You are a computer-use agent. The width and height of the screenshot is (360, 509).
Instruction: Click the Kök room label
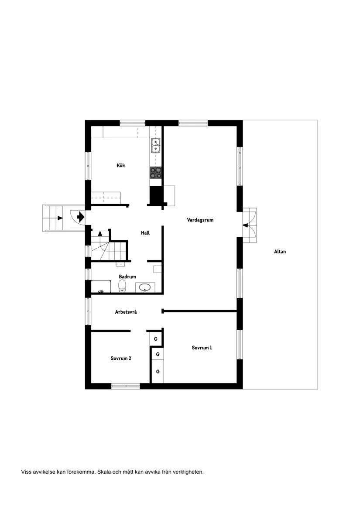pyautogui.click(x=121, y=165)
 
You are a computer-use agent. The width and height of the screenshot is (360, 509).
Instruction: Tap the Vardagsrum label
pyautogui.click(x=200, y=220)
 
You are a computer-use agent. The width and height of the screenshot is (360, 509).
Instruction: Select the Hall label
pyautogui.click(x=145, y=233)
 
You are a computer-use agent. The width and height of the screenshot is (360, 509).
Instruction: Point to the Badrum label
pyautogui.click(x=127, y=277)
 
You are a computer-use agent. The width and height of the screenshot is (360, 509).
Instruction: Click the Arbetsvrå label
pyautogui.click(x=126, y=312)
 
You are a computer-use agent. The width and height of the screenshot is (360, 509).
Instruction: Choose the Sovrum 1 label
pyautogui.click(x=202, y=348)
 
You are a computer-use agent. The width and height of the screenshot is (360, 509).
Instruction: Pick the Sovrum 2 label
pyautogui.click(x=121, y=358)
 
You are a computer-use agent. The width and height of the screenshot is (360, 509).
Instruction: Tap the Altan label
pyautogui.click(x=280, y=252)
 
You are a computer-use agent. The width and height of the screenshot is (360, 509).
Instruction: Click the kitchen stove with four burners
pyautogui.click(x=156, y=173)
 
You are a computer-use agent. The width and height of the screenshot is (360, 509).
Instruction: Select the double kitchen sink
pyautogui.click(x=155, y=146)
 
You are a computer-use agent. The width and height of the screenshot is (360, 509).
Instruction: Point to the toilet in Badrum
pyautogui.click(x=122, y=287)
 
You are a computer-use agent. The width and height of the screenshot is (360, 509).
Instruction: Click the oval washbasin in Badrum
pyautogui.click(x=144, y=288)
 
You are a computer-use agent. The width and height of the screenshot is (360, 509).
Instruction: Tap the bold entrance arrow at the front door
pyautogui.click(x=80, y=216)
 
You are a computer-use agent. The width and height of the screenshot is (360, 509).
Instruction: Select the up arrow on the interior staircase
pyautogui.click(x=100, y=233)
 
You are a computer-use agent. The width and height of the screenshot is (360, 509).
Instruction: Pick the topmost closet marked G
pyautogui.click(x=156, y=339)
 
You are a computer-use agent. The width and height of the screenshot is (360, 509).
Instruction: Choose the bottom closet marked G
pyautogui.click(x=158, y=372)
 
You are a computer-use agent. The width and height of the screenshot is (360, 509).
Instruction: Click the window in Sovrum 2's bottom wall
pyautogui.click(x=125, y=386)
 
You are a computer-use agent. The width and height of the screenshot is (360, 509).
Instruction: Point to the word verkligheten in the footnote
pyautogui.click(x=187, y=471)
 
